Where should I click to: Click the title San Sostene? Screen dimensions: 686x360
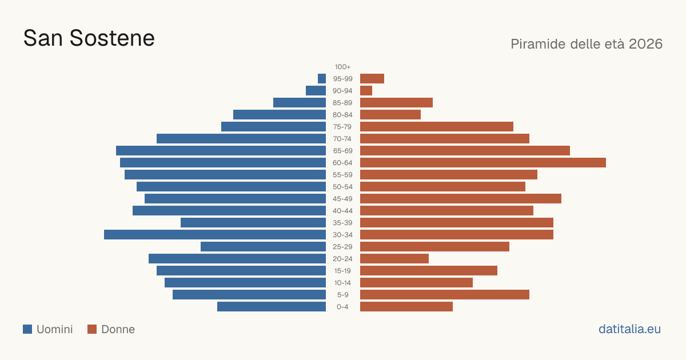point(89,38)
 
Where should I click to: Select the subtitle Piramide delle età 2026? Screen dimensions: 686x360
point(587,44)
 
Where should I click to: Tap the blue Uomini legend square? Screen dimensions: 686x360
point(27,329)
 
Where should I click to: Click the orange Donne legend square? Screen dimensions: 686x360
point(92,329)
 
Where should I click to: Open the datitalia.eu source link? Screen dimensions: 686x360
point(629,329)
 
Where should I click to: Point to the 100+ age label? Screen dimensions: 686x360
point(342,67)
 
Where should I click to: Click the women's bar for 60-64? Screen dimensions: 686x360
point(483,162)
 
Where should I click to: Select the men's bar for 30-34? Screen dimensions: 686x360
point(215,234)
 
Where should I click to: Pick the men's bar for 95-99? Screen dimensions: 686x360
point(322,79)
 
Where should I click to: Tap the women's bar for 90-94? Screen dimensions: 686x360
point(366,91)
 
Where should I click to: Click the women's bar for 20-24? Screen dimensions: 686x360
point(394,259)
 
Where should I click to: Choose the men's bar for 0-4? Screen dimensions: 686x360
point(272,307)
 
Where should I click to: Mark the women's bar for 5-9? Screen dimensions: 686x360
point(445,294)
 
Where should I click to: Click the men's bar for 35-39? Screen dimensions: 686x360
point(253,222)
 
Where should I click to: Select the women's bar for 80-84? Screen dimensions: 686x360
point(390,114)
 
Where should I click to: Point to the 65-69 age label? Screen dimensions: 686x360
point(342,151)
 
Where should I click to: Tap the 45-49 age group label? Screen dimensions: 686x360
point(342,199)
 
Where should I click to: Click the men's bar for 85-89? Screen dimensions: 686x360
point(300,102)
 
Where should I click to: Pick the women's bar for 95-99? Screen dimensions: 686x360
point(372,79)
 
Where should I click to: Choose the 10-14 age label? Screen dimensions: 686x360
point(342,282)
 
